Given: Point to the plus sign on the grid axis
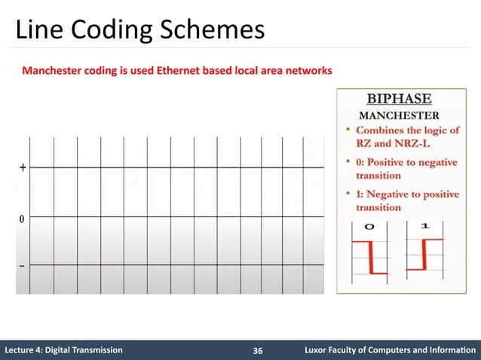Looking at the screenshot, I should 22,168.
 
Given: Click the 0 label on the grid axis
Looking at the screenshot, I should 22,219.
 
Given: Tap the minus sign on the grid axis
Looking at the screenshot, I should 22,266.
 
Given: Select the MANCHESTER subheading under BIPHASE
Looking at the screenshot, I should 399,115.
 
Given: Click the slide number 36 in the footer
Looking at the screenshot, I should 258,351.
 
